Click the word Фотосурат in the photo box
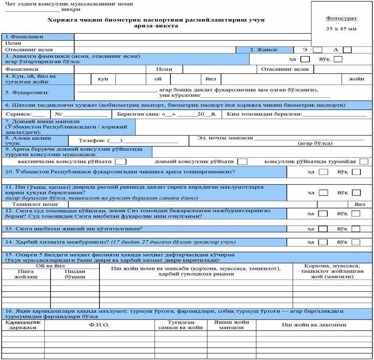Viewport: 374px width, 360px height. (341, 18)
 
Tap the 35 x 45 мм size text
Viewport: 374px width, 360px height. (341, 29)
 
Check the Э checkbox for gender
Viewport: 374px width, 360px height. (318, 50)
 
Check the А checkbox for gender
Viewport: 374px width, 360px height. (347, 50)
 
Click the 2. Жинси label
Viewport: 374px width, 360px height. (264, 50)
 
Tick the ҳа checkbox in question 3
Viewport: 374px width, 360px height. (305, 59)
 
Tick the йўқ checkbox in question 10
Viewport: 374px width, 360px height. (357, 172)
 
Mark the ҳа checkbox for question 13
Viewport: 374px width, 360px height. (323, 229)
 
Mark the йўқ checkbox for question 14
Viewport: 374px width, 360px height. (357, 242)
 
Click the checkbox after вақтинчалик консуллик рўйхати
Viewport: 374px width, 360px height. (120, 161)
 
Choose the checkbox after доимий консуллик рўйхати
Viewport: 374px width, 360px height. (242, 161)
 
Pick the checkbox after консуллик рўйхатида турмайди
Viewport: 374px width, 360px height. (364, 161)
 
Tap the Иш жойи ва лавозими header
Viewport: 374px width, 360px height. (314, 324)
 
